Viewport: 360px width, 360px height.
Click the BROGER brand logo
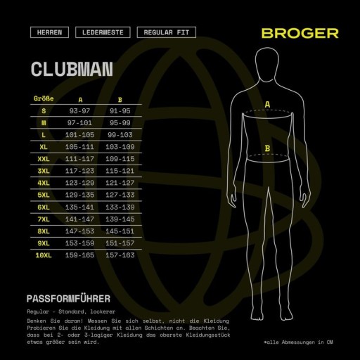[x=300, y=33]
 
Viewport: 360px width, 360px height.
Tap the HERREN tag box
[x=49, y=32]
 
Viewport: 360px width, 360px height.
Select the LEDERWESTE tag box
[x=103, y=32]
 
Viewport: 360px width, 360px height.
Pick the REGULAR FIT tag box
[x=167, y=32]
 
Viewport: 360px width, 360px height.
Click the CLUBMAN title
[x=72, y=69]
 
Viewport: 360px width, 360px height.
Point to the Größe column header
[x=44, y=98]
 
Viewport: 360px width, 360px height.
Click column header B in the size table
[x=120, y=100]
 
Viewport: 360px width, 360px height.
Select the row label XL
[x=44, y=147]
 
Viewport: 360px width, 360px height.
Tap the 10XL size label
[x=44, y=255]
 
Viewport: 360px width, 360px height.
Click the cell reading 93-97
[x=79, y=111]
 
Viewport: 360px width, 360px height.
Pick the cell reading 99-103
[x=120, y=135]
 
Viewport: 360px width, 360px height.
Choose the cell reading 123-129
[x=79, y=183]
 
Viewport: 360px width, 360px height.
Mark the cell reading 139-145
[x=120, y=219]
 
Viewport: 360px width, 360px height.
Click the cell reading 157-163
[x=120, y=255]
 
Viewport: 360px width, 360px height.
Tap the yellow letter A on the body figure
[x=267, y=105]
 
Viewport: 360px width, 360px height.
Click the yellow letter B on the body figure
[x=267, y=148]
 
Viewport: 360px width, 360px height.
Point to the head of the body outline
[x=267, y=65]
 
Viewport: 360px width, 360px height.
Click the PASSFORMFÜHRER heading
[x=68, y=299]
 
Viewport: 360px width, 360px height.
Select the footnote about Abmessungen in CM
[x=298, y=342]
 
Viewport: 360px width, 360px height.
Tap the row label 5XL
[x=44, y=195]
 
